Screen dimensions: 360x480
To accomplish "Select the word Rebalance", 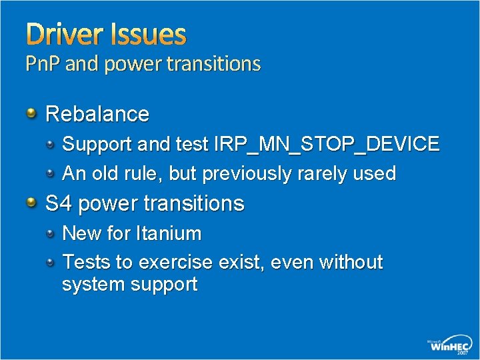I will click(97, 114).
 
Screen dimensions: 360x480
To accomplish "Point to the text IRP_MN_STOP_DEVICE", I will click(326, 144).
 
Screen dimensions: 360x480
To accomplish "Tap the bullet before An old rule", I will click(51, 172).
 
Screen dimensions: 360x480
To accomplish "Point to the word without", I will click(351, 263).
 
